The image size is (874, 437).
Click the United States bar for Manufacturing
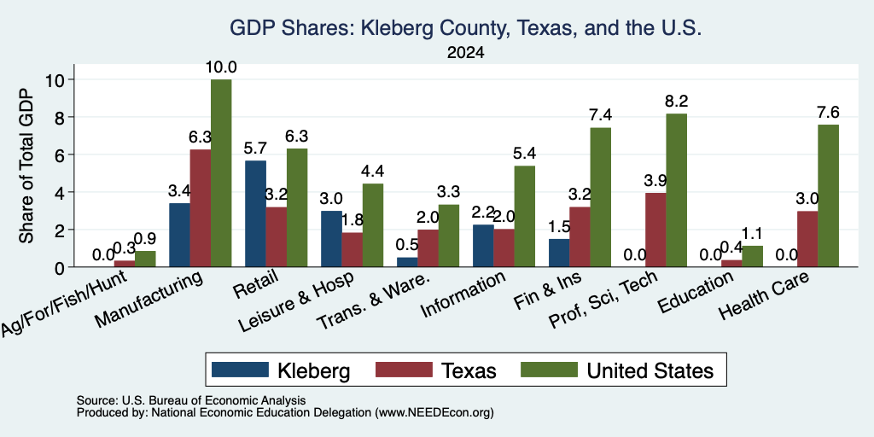point(221,173)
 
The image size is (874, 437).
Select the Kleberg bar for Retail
point(255,213)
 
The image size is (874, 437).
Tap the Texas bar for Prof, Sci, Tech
point(655,230)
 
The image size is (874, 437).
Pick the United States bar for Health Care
point(828,195)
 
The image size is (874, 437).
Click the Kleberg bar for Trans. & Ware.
point(407,262)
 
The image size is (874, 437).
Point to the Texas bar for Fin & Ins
point(580,237)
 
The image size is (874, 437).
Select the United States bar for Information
point(525,216)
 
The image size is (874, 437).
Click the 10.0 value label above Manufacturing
point(221,67)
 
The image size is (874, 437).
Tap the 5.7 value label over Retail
point(255,149)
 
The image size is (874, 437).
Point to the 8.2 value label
point(677,102)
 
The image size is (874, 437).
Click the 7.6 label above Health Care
point(828,113)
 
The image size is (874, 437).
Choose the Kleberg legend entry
point(281,370)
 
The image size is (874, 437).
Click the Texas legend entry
point(436,370)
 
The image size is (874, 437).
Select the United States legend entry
point(617,370)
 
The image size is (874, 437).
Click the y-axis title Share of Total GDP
point(26,166)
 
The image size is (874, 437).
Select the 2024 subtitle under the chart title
point(465,53)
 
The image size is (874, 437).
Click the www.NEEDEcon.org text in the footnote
point(434,413)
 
